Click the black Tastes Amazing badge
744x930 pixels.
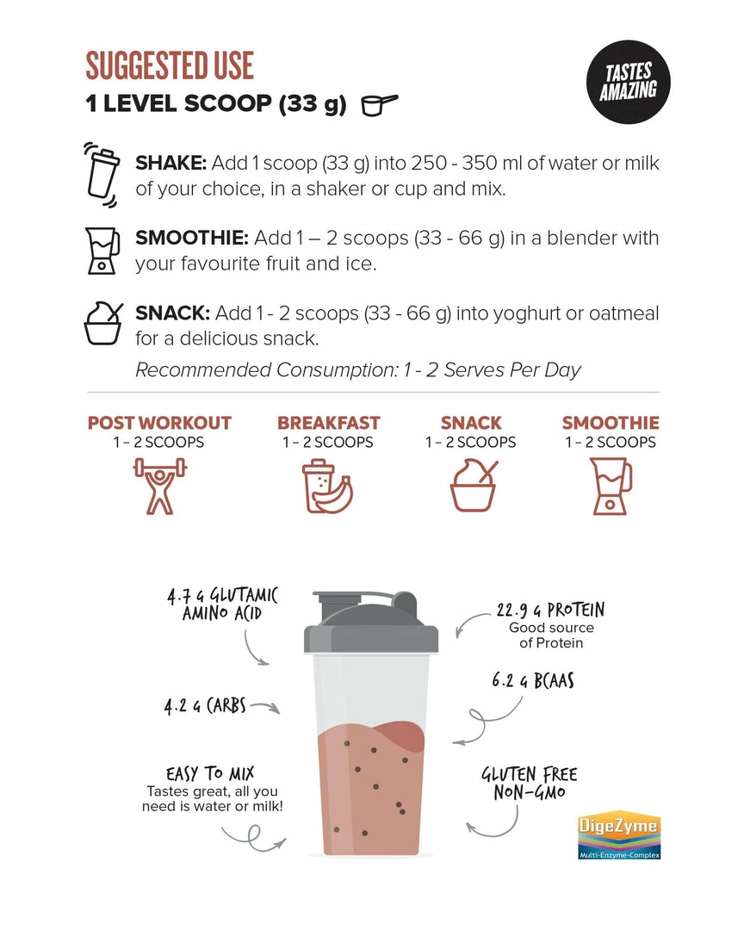pos(629,82)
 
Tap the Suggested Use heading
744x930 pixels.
pos(170,65)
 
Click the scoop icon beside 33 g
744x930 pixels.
pos(379,104)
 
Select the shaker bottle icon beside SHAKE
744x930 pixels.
pos(102,174)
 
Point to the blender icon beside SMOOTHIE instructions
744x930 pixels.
pos(102,251)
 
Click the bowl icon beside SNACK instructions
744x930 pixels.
pos(103,323)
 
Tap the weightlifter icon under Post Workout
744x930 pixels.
pos(159,486)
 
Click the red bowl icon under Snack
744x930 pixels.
pos(473,485)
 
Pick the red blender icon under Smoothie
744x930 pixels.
pos(611,486)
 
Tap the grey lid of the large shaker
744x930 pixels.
pos(371,623)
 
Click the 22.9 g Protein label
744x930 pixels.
pos(550,610)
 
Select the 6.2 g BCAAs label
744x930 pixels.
pos(533,680)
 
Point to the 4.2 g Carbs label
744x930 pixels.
pos(205,706)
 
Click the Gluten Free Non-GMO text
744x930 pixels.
pos(530,783)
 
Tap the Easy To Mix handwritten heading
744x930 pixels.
pos(210,773)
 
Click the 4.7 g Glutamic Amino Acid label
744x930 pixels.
pos(222,604)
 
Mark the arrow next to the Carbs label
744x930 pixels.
pos(265,707)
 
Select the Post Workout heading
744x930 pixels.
pos(159,423)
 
